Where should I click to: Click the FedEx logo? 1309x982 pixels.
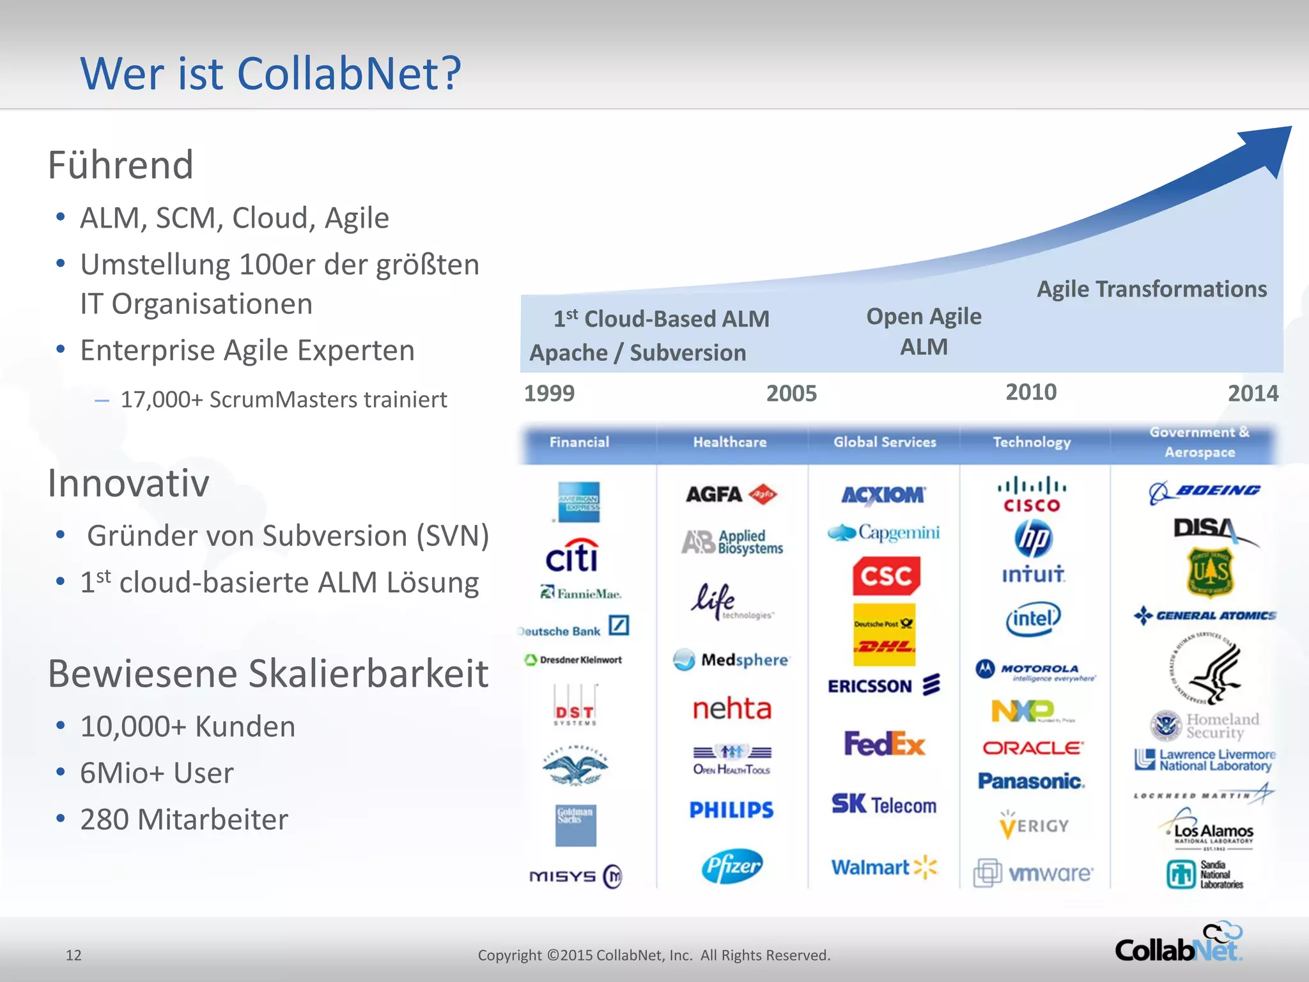pyautogui.click(x=884, y=744)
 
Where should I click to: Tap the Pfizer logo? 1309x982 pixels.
pyautogui.click(x=732, y=866)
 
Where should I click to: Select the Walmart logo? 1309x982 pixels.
pyautogui.click(x=884, y=868)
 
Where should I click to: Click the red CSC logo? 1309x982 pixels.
pyautogui.click(x=886, y=576)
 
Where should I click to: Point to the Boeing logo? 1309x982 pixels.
pyautogui.click(x=1205, y=492)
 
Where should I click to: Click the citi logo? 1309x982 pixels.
pyautogui.click(x=572, y=556)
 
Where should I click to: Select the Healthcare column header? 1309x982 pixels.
pyautogui.click(x=730, y=442)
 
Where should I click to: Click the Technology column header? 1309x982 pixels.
pyautogui.click(x=1032, y=442)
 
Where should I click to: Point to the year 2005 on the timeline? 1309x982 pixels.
pyautogui.click(x=791, y=393)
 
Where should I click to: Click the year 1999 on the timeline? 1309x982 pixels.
pyautogui.click(x=549, y=393)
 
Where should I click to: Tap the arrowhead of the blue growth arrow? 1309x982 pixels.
pyautogui.click(x=1269, y=147)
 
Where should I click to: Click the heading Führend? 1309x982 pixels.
pyautogui.click(x=121, y=165)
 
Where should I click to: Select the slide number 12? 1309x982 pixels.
pyautogui.click(x=74, y=955)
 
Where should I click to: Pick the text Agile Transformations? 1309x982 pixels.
pyautogui.click(x=1152, y=289)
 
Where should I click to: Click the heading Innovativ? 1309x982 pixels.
pyautogui.click(x=128, y=483)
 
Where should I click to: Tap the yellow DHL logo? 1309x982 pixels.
pyautogui.click(x=885, y=635)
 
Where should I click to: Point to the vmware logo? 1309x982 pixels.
pyautogui.click(x=1034, y=873)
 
